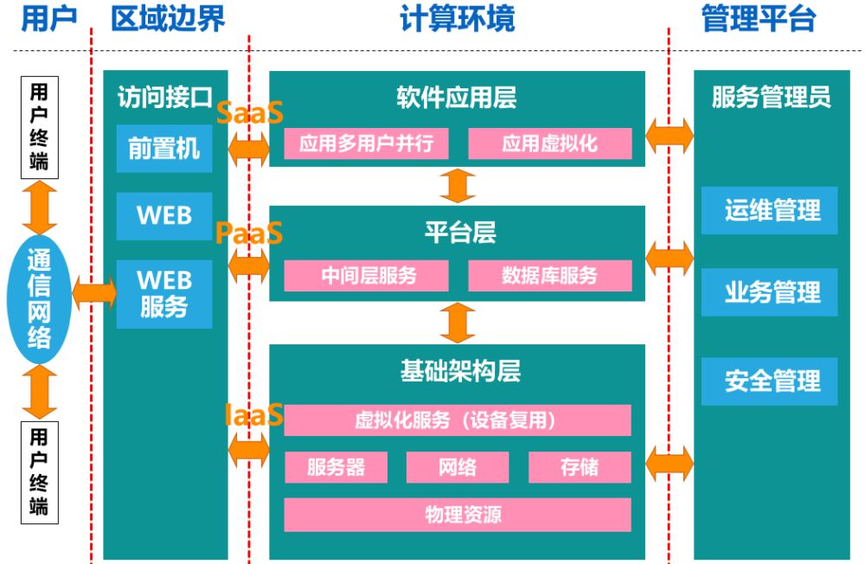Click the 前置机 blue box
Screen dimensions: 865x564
(164, 149)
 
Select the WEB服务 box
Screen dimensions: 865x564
(164, 294)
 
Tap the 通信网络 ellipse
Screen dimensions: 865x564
(39, 298)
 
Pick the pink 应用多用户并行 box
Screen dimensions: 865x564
(366, 144)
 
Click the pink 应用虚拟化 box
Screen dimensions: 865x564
(550, 144)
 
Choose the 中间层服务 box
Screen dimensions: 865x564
(366, 275)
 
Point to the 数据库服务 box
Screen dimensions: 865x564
(550, 275)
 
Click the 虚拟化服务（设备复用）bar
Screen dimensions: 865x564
(458, 420)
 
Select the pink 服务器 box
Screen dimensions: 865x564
(336, 467)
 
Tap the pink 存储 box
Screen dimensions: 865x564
(580, 467)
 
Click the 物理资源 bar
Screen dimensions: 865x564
(458, 515)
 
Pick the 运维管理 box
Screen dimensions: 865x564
(770, 210)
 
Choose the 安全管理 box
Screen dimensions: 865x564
(770, 381)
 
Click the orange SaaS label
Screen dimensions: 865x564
(249, 112)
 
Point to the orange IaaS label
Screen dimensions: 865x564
(253, 415)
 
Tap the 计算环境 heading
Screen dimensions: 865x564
(458, 18)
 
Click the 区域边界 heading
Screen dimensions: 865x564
(169, 18)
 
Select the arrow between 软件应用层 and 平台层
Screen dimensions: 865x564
(458, 186)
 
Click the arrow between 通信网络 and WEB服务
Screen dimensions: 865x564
(94, 293)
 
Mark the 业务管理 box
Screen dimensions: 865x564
(770, 292)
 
